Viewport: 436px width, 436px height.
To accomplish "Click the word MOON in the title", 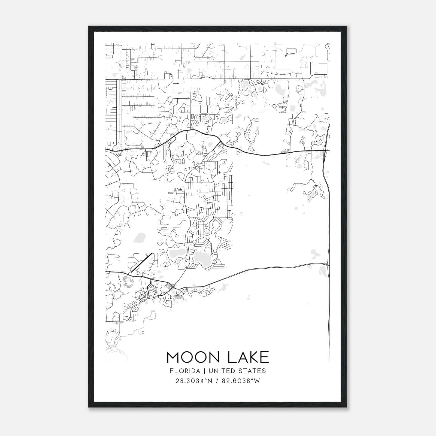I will pyautogui.click(x=192, y=358).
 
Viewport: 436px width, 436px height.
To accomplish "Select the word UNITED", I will pyautogui.click(x=222, y=371).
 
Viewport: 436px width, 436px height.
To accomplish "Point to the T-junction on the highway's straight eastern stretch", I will pyautogui.click(x=290, y=152).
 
